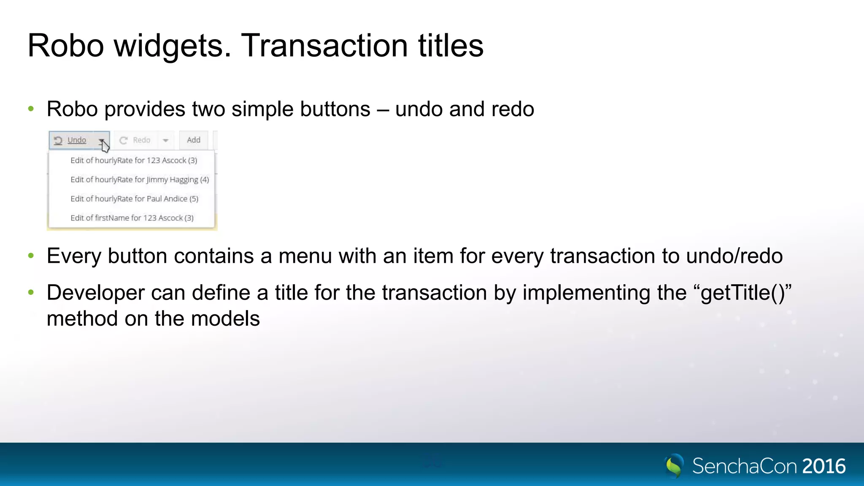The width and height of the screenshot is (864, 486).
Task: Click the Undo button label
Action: tap(77, 140)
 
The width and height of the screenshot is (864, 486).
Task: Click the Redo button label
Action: tap(141, 140)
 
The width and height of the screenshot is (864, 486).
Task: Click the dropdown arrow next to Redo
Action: tap(166, 140)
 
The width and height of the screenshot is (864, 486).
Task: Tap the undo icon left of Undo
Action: tap(58, 140)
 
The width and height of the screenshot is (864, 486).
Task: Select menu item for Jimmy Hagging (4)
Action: tap(140, 180)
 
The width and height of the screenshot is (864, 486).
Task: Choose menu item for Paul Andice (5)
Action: tap(134, 199)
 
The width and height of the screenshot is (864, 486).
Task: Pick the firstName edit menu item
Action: tap(132, 218)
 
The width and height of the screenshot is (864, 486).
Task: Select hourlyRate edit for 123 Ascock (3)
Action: tap(134, 160)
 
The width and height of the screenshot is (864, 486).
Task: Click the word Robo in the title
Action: tap(65, 46)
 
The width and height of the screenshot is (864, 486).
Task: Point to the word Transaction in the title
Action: tap(324, 46)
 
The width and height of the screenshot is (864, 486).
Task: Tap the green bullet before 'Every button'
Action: tap(31, 256)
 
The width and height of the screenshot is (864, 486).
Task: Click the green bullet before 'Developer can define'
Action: tap(31, 292)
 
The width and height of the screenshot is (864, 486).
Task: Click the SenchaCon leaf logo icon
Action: tap(674, 466)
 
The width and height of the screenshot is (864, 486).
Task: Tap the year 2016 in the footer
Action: tap(823, 466)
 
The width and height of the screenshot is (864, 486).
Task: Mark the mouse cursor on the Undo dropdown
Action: tap(105, 146)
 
